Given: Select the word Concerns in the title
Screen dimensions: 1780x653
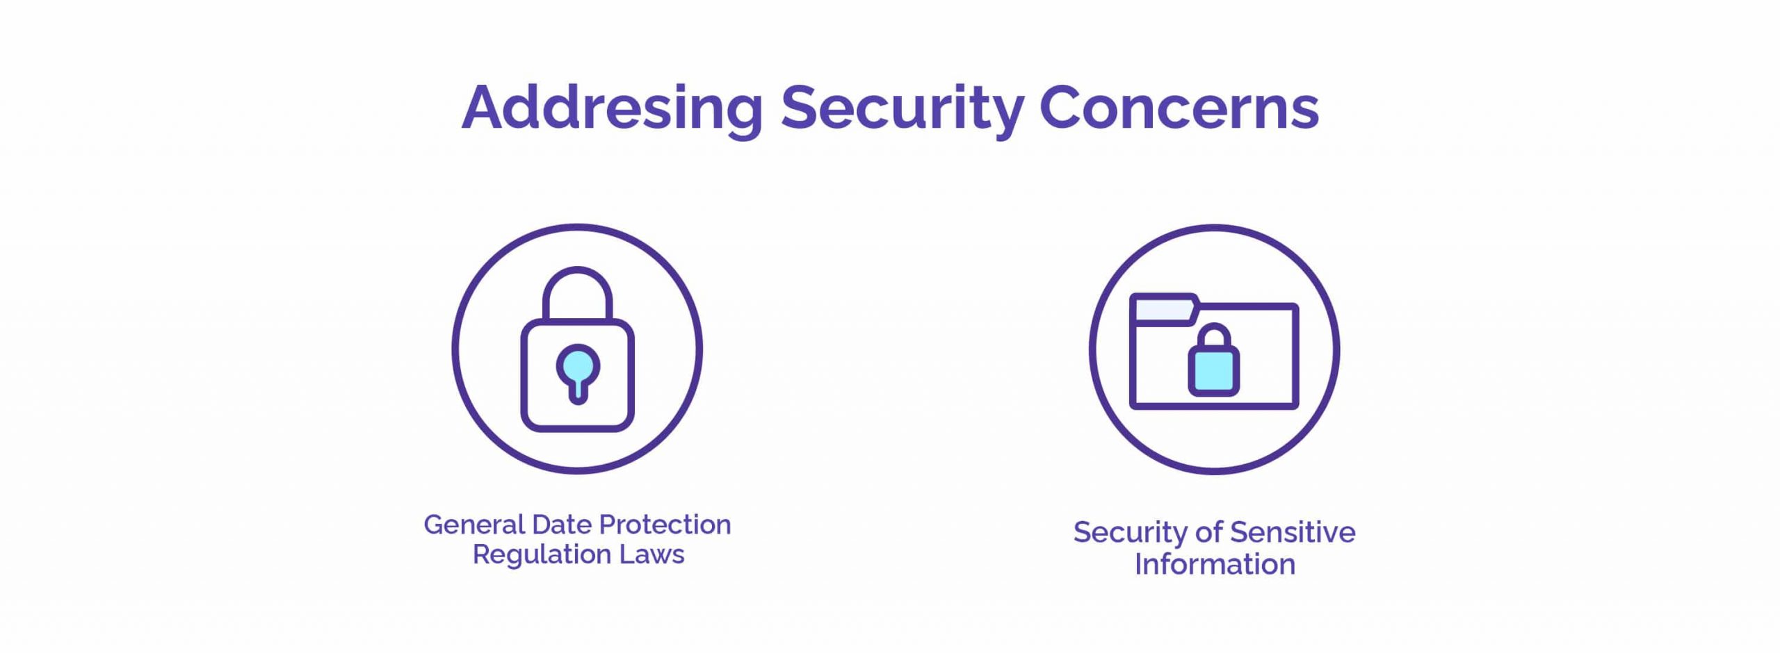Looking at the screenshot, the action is [1179, 108].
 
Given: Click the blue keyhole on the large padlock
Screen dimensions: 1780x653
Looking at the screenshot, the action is [578, 373].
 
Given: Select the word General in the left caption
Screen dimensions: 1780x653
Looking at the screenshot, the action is [474, 524].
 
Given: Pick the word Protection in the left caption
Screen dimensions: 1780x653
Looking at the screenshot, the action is [665, 524].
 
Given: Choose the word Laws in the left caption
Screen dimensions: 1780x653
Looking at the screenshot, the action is [652, 554].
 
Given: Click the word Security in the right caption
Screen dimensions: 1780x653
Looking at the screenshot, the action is [1131, 534].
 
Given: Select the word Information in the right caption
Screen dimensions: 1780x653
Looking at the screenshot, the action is [1215, 564].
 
